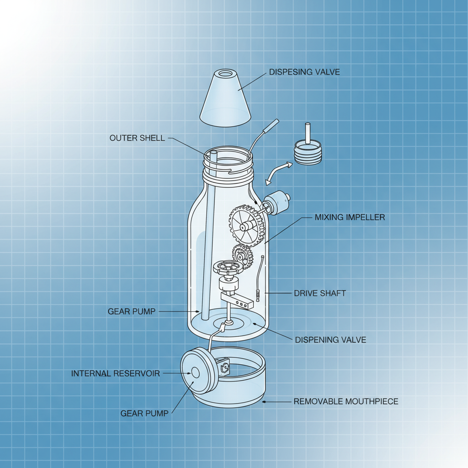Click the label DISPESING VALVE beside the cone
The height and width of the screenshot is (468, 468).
pos(304,72)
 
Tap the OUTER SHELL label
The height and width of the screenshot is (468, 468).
pos(137,138)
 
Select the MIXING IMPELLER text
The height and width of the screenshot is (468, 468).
pos(350,217)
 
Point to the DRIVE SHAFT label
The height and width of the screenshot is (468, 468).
pos(320,293)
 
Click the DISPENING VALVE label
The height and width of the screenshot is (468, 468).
pos(330,340)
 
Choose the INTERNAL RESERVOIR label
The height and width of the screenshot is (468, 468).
pos(116,373)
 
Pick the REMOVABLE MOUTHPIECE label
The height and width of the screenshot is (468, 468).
pos(346,401)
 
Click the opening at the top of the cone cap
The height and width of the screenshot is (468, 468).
pos(225,73)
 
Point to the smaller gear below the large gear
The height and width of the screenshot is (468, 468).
pos(243,256)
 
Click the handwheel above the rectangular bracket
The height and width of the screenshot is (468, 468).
pos(228,267)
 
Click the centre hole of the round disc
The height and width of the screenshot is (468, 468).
pos(195,373)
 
